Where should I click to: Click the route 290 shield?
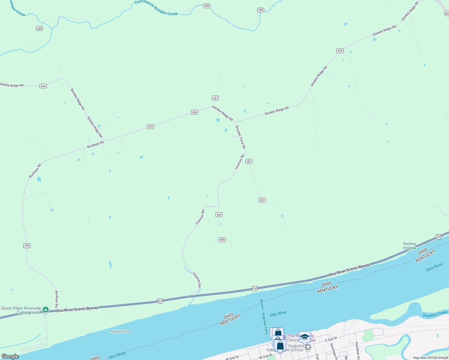pos(27,246)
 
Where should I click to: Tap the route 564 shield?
pos(219,215)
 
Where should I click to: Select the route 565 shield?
pos(222,240)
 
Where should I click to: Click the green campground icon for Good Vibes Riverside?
pos(45,310)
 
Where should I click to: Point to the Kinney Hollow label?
pos(410,246)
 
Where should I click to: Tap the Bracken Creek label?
pos(435,314)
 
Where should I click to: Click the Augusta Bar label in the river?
pos(120,331)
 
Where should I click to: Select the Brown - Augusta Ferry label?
pos(264,317)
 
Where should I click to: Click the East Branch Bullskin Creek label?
pos(156,8)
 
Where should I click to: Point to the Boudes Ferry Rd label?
pos(240,137)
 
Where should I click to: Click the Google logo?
pos(10,356)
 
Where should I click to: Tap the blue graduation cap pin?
pos(305,337)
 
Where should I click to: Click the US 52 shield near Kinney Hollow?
pos(439,237)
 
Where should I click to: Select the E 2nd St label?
pos(331,339)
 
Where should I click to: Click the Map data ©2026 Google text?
pos(430,358)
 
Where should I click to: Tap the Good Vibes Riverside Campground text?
pos(21,310)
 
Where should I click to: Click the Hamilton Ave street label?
pos(357,349)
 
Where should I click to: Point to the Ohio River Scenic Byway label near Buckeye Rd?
pos(77,309)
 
